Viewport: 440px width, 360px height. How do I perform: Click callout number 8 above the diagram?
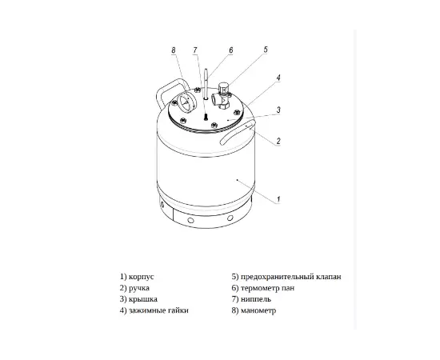174,50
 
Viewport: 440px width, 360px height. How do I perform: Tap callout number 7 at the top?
195,50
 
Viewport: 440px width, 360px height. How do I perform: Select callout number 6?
230,50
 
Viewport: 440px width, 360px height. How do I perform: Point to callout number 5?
266,50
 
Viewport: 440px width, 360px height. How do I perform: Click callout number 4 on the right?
278,78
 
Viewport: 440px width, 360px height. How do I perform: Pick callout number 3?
278,110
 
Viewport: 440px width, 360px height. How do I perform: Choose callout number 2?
278,141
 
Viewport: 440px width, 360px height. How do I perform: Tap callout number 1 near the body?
278,199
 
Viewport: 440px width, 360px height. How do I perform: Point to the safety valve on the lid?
223,95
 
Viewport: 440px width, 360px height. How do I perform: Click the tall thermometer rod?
206,84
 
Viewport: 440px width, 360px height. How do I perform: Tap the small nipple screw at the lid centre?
206,117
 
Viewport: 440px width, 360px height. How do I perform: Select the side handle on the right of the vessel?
238,131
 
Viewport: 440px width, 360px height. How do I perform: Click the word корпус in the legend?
142,277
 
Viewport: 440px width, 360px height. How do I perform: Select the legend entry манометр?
258,310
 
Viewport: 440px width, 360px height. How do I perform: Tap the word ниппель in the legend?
256,299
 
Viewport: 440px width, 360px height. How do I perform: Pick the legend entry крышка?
143,299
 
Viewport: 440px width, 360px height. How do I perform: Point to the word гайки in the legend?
178,310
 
